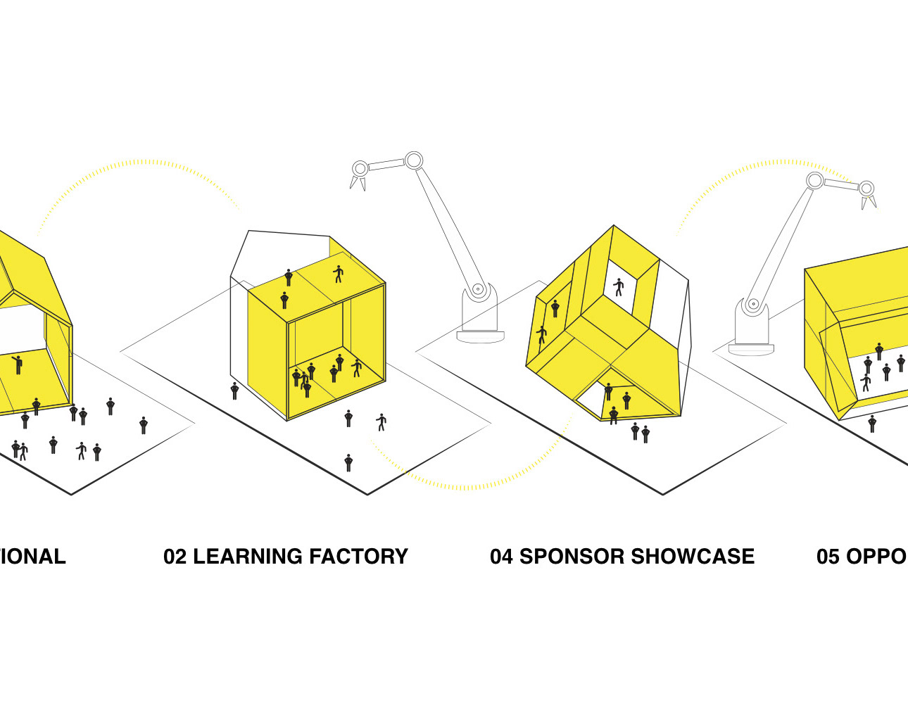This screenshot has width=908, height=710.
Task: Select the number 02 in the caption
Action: click(x=175, y=557)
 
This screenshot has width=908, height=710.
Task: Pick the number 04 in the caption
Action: click(x=502, y=557)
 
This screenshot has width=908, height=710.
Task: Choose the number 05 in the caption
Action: click(x=828, y=557)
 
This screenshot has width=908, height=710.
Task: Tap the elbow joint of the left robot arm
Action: click(x=413, y=160)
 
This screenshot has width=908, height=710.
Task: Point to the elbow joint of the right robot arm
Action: click(x=814, y=181)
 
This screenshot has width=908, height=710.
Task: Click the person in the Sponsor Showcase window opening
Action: click(x=619, y=287)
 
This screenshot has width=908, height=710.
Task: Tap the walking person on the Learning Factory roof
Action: click(x=338, y=274)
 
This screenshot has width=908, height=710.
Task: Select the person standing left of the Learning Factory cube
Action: click(x=234, y=391)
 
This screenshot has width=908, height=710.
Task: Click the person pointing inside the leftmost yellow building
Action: click(x=17, y=364)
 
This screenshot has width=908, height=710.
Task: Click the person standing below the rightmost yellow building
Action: click(x=872, y=424)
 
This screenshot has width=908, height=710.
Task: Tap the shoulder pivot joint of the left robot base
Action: click(x=478, y=289)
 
